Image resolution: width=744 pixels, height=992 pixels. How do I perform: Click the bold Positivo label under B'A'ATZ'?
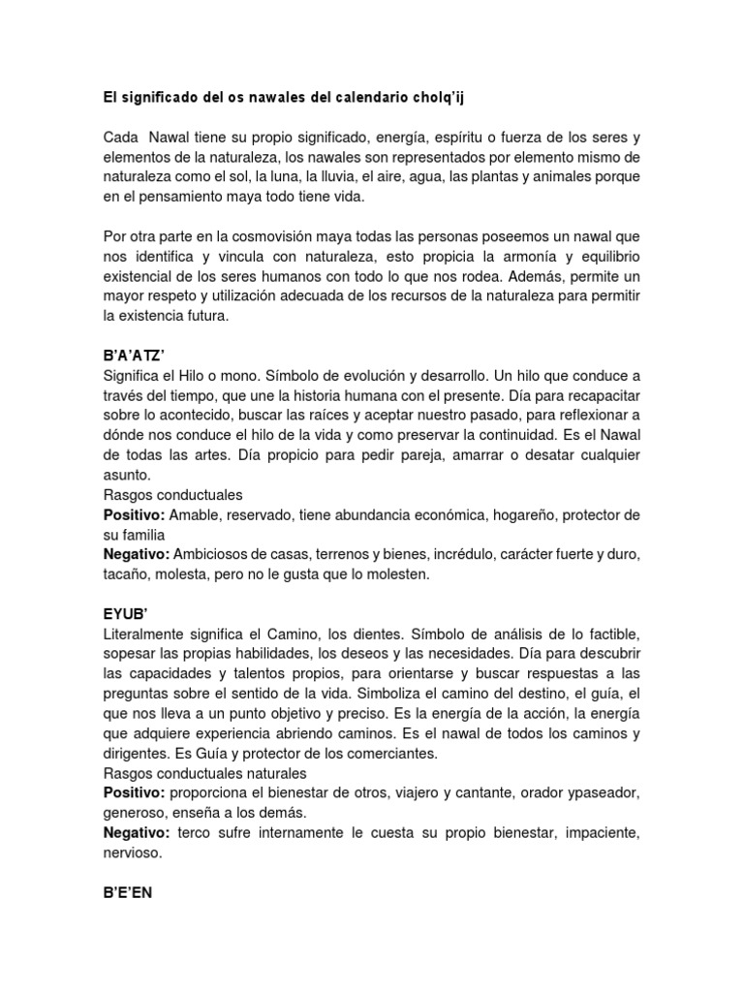click(135, 514)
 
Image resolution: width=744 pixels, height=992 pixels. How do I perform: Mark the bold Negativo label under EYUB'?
click(137, 833)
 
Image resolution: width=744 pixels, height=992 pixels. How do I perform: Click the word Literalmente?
click(148, 634)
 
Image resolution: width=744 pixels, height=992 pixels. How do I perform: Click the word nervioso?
click(134, 852)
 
